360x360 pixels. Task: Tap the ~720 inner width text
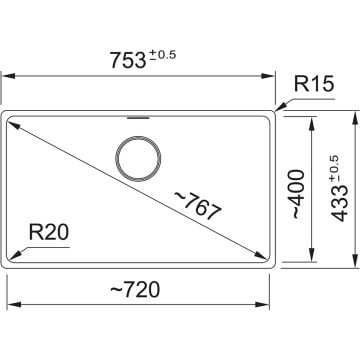(139, 290)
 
